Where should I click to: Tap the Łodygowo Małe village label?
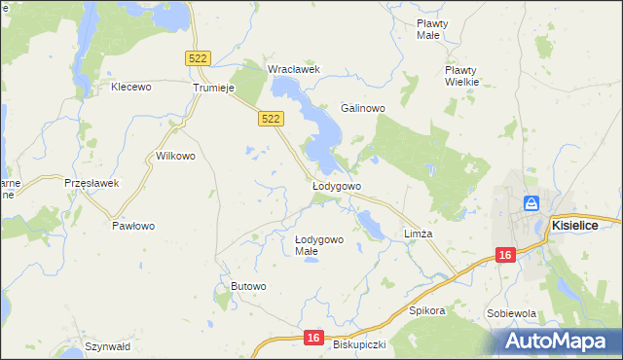click(x=319, y=245)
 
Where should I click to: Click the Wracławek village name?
click(x=294, y=69)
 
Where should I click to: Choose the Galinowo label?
click(x=363, y=108)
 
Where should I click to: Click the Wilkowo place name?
click(x=176, y=156)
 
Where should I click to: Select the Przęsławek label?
click(x=91, y=183)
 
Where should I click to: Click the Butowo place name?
click(x=248, y=285)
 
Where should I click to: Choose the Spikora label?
click(x=427, y=311)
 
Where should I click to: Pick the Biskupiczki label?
click(x=359, y=344)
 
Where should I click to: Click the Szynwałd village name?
click(x=107, y=346)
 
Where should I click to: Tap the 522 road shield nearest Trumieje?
click(x=198, y=59)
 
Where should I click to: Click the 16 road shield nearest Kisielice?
click(x=504, y=255)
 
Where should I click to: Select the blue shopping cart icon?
click(x=531, y=203)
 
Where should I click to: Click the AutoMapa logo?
click(x=559, y=341)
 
